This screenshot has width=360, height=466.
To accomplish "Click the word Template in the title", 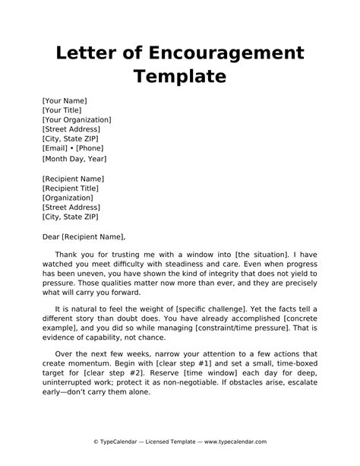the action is (x=180, y=77).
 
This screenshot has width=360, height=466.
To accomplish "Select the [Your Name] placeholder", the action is (x=65, y=100).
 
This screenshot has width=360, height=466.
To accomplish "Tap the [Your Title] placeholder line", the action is (x=64, y=109).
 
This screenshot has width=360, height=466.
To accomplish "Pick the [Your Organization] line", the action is (x=77, y=119).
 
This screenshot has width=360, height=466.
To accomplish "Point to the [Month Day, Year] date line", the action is (x=74, y=160).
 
